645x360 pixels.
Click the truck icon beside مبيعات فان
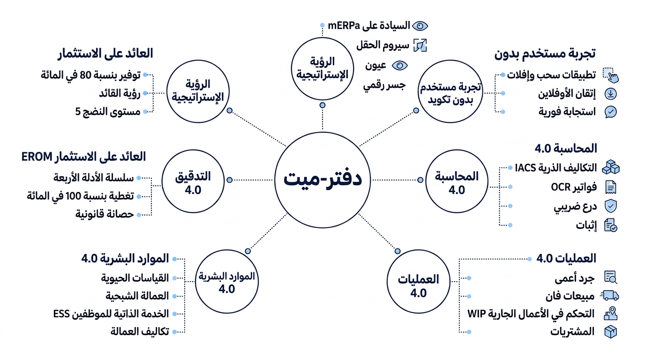coord(609,295)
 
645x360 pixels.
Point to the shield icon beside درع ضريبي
coord(610,206)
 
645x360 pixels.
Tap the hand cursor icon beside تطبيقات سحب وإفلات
coord(611,75)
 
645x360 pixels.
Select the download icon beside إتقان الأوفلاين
coord(610,94)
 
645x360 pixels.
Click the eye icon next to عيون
coord(400,66)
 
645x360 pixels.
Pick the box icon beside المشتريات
coord(610,332)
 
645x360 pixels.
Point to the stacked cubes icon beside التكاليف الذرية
coord(611,167)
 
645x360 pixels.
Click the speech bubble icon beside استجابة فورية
coord(610,112)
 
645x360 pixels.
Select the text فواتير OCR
coord(574,187)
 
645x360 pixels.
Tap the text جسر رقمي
coord(384,85)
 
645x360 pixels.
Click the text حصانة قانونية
coord(105,214)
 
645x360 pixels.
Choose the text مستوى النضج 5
coord(108,112)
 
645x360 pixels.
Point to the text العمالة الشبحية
coord(137,296)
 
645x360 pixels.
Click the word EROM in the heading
coord(37,157)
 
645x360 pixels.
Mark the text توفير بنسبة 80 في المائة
coord(90,75)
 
